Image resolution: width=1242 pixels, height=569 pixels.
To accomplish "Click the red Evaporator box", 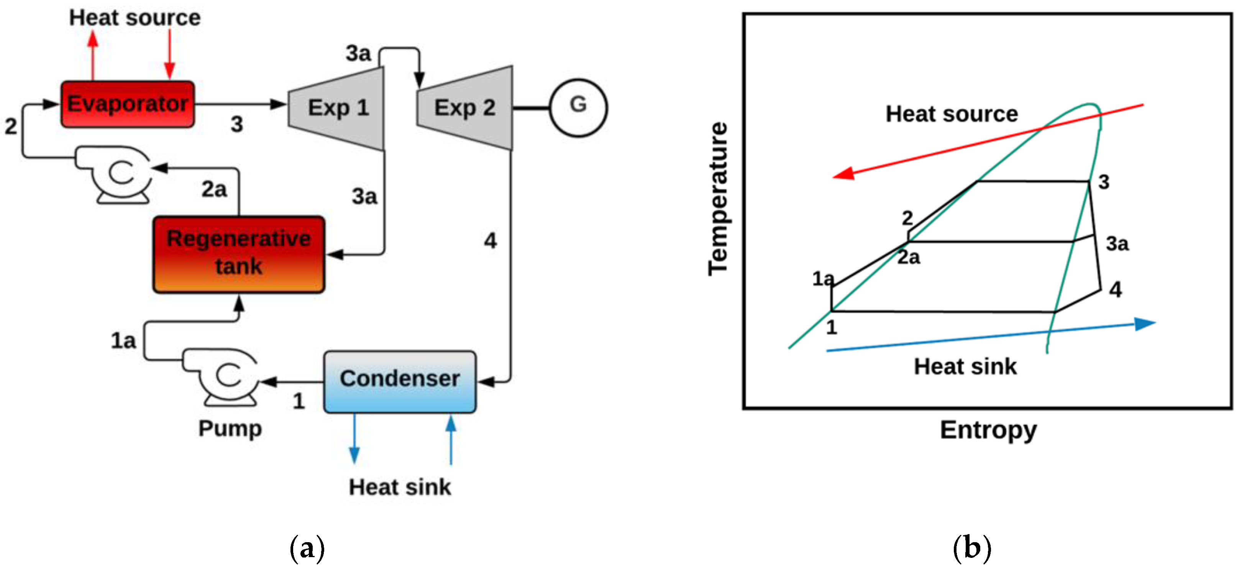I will tap(127, 104).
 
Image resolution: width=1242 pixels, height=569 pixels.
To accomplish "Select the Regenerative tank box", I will tap(239, 254).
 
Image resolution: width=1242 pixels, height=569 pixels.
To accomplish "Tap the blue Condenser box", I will tap(400, 382).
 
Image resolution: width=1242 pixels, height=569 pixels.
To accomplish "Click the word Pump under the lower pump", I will tap(230, 428).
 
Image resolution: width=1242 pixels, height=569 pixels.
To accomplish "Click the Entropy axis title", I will tap(988, 430).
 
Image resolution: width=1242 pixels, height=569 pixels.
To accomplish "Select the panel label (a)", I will tap(307, 548).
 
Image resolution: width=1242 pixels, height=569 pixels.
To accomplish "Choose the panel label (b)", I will tap(971, 548).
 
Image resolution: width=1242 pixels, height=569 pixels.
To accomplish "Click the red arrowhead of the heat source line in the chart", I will tap(844, 174).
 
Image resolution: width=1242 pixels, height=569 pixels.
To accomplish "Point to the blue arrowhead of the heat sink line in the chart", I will tap(1145, 324).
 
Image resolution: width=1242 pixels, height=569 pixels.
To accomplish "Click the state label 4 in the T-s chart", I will tap(1115, 290).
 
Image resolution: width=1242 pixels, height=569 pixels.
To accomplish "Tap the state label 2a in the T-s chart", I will tap(908, 258).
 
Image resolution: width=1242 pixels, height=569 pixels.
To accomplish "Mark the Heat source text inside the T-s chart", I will tap(952, 114).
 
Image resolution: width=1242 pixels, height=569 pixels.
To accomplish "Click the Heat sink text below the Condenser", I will tap(400, 487).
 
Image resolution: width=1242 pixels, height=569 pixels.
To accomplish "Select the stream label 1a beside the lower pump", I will tap(123, 341).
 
